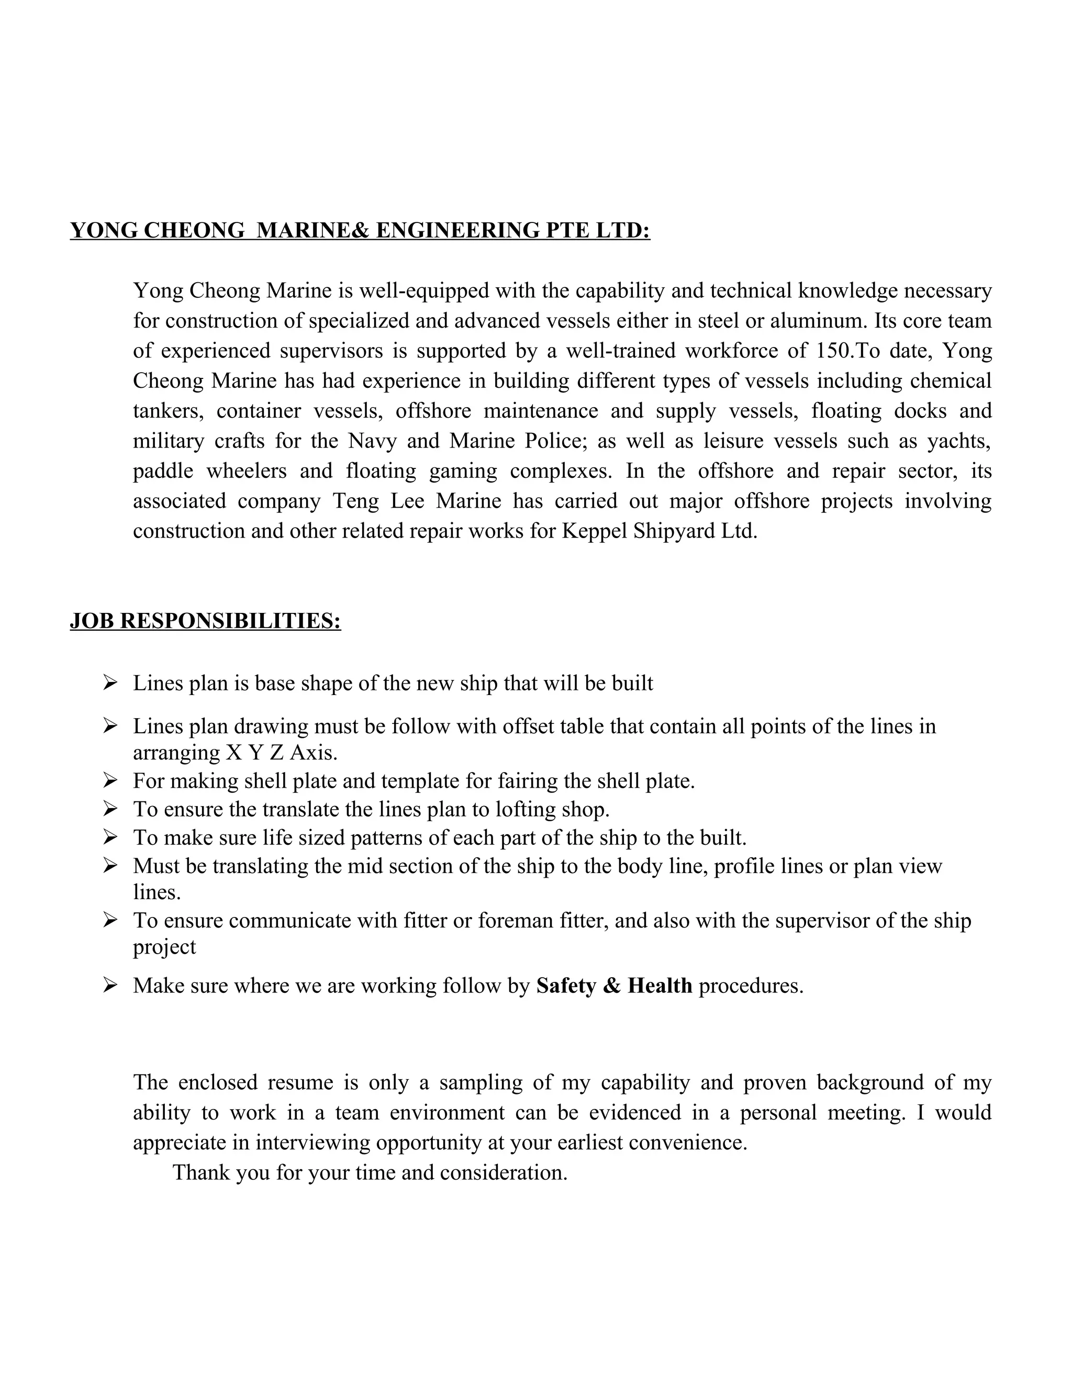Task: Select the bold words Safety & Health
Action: pyautogui.click(x=613, y=986)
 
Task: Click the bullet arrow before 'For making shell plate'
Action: pyautogui.click(x=110, y=780)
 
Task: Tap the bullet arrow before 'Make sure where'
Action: pyautogui.click(x=110, y=986)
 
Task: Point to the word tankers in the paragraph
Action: pyautogui.click(x=169, y=411)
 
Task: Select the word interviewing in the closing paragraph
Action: pyautogui.click(x=313, y=1143)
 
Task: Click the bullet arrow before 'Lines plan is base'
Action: pyautogui.click(x=110, y=684)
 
